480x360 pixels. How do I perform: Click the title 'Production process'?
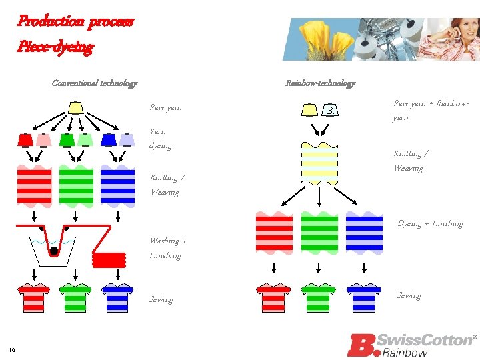pyautogui.click(x=75, y=21)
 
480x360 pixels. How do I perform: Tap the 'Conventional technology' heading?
pyautogui.click(x=95, y=83)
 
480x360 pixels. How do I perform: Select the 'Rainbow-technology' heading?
pyautogui.click(x=320, y=83)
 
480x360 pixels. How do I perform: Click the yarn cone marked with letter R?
pyautogui.click(x=330, y=109)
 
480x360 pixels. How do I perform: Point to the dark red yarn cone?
pyautogui.click(x=25, y=140)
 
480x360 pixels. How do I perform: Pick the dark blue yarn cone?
pyautogui.click(x=109, y=140)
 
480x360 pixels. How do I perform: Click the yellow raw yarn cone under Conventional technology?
pyautogui.click(x=75, y=107)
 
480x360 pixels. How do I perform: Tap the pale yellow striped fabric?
pyautogui.click(x=320, y=163)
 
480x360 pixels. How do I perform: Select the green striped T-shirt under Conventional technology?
pyautogui.click(x=75, y=297)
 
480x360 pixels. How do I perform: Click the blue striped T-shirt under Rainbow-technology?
pyautogui.click(x=363, y=297)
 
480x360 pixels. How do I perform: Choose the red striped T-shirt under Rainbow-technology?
pyautogui.click(x=274, y=297)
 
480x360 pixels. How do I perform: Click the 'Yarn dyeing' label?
pyautogui.click(x=161, y=139)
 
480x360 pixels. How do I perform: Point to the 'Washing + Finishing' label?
pyautogui.click(x=168, y=248)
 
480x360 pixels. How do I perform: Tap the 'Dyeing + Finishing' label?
pyautogui.click(x=430, y=224)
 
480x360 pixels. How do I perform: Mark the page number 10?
pyautogui.click(x=12, y=350)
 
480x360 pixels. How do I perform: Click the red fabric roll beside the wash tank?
pyautogui.click(x=109, y=259)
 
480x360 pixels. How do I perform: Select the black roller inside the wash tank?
pyautogui.click(x=53, y=252)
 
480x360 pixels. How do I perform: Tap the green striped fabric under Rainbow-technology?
pyautogui.click(x=319, y=232)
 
